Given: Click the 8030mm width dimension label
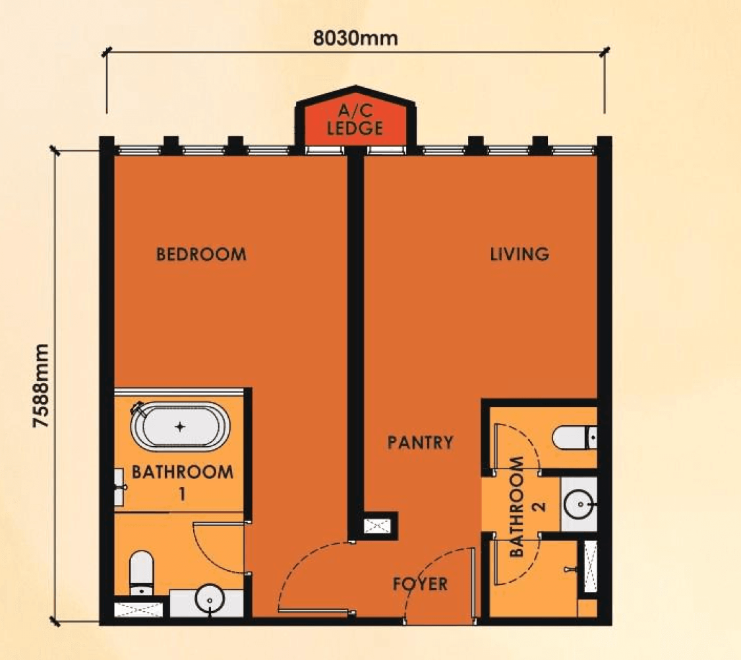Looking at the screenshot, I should pos(355,38).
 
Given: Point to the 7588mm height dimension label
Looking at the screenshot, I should pos(42,386).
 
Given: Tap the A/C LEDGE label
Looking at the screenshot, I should pos(355,119).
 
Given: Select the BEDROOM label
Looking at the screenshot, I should pos(200,254).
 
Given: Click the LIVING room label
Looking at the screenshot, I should pos(519,254).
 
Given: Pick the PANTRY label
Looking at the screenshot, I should pos(420,442).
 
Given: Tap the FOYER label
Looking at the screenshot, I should pos(420,584).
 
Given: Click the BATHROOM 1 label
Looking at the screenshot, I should pos(183,480).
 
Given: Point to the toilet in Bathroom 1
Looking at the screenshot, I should pos(140,571).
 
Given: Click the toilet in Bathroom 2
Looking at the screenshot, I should pos(574,437).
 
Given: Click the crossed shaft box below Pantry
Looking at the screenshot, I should pos(379,526).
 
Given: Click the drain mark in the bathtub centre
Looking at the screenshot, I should pos(180,426).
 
